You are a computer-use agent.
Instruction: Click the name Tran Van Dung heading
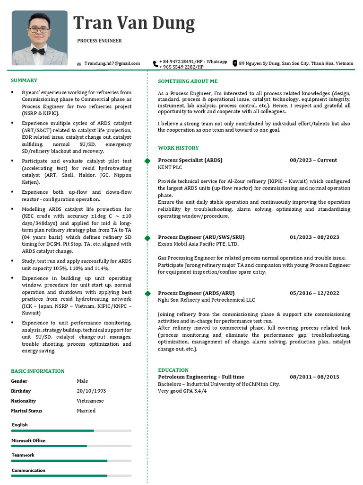(x=134, y=23)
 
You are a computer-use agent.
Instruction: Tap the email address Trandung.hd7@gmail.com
(x=112, y=63)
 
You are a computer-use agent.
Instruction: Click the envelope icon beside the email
(x=79, y=63)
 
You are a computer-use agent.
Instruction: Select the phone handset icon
(x=155, y=63)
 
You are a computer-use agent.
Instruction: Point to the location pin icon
(x=234, y=63)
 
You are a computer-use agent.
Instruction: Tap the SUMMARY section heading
(x=24, y=81)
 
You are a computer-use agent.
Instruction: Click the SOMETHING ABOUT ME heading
(x=188, y=81)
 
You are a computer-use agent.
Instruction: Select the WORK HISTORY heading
(x=178, y=148)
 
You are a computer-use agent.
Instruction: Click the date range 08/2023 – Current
(x=313, y=160)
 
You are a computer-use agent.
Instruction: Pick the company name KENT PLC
(x=170, y=167)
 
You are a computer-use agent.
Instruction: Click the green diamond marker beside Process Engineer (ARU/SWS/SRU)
(x=147, y=237)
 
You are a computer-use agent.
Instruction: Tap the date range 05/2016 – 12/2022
(x=314, y=293)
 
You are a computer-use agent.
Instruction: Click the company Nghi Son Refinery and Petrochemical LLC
(x=206, y=300)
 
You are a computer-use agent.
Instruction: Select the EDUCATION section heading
(x=173, y=370)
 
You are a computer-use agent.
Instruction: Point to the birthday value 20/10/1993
(x=91, y=391)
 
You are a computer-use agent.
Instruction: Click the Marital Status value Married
(x=86, y=411)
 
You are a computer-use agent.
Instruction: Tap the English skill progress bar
(x=71, y=431)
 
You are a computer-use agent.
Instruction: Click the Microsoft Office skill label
(x=28, y=440)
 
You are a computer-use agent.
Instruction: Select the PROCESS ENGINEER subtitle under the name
(x=99, y=41)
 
